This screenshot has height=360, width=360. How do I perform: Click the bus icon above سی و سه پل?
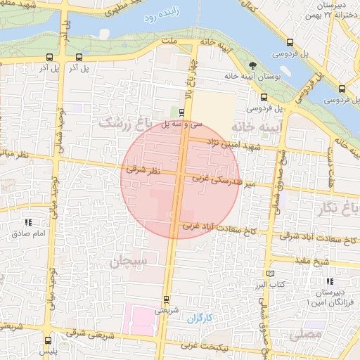(181, 112)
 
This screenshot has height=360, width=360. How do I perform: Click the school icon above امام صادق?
(27, 222)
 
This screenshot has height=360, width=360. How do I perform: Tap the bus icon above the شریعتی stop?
(167, 300)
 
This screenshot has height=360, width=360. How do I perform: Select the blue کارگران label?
(199, 319)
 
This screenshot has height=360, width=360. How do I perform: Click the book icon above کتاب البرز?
(271, 274)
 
